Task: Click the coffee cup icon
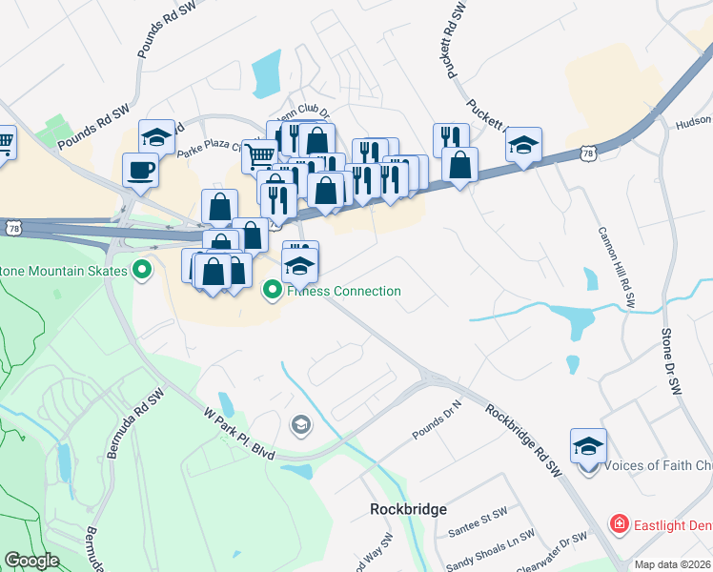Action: [x=141, y=171]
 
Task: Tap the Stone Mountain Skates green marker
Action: [x=143, y=271]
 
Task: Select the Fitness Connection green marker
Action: [x=273, y=290]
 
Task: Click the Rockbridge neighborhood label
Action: [x=408, y=509]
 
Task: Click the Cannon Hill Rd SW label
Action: [x=616, y=266]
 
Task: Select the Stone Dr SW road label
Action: [x=673, y=361]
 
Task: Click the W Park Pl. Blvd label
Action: [x=239, y=433]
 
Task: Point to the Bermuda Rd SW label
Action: [x=125, y=422]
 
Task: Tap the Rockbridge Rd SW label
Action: [x=522, y=439]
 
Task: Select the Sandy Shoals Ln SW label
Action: [x=486, y=551]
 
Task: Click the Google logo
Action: [x=31, y=561]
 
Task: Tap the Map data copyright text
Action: [x=673, y=564]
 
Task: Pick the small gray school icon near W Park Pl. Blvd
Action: [x=300, y=424]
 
